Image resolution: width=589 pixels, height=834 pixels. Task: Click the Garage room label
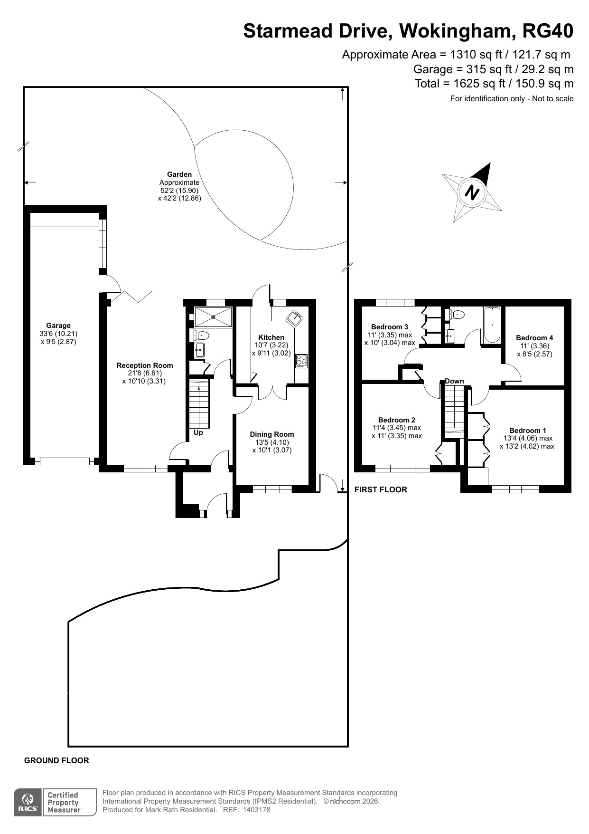click(x=58, y=326)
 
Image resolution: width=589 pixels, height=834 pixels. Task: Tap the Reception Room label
click(x=145, y=365)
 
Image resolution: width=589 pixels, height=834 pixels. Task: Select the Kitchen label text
click(x=271, y=337)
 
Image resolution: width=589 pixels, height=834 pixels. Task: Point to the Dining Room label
click(x=272, y=434)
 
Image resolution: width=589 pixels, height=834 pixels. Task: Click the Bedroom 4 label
click(x=534, y=338)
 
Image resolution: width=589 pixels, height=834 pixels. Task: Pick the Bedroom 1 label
click(x=528, y=431)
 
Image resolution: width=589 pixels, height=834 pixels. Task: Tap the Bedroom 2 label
click(x=397, y=420)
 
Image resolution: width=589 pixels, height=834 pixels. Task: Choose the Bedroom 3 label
click(x=390, y=327)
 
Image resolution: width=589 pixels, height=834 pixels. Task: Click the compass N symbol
click(x=472, y=192)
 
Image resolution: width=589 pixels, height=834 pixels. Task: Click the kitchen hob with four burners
click(x=301, y=361)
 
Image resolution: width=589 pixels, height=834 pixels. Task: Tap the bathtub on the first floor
click(x=492, y=325)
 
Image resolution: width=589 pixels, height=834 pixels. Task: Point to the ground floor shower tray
click(x=214, y=317)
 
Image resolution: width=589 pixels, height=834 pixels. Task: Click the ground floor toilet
click(x=201, y=335)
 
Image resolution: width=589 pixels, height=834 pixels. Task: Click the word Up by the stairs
click(x=198, y=433)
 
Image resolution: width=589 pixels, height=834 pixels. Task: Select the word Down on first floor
click(x=454, y=381)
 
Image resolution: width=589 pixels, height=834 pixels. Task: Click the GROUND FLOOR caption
click(x=56, y=761)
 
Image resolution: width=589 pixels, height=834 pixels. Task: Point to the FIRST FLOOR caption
click(x=381, y=490)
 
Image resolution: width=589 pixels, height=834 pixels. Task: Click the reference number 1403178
click(x=256, y=810)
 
